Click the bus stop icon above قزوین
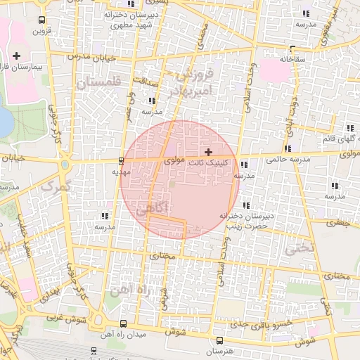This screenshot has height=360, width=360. tap(41, 20)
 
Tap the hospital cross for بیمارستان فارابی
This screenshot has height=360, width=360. tap(17, 55)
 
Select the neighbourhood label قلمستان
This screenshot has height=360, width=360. tap(98, 82)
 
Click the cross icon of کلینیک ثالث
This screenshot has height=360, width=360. tap(208, 152)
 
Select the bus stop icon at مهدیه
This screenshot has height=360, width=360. tap(122, 160)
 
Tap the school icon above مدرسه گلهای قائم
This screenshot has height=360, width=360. tap(349, 128)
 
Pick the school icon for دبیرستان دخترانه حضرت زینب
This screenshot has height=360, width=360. tap(245, 205)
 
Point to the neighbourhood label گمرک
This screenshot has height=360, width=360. tap(57, 186)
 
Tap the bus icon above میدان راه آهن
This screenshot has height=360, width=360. tap(124, 323)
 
